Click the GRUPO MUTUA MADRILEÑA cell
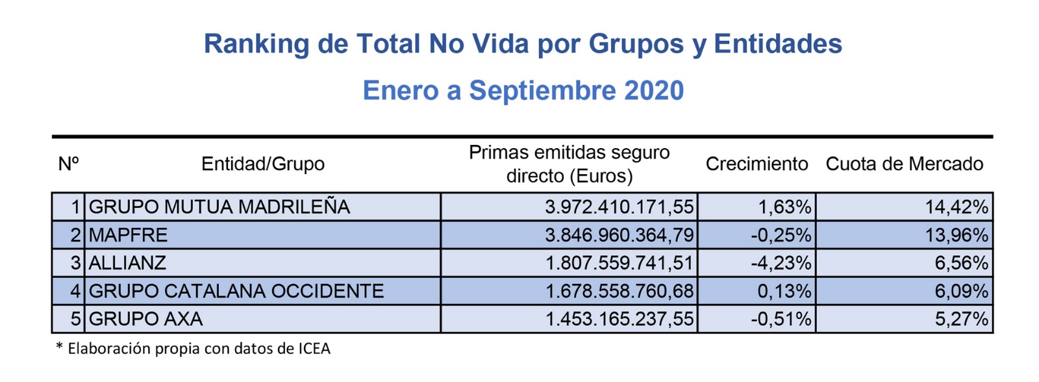[x=219, y=207]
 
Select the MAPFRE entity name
[x=128, y=235]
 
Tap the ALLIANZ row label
[x=127, y=263]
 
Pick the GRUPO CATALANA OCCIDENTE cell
[x=236, y=291]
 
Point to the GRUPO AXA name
[x=145, y=319]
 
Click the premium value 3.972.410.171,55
[x=619, y=207]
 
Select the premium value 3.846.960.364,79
[x=619, y=235]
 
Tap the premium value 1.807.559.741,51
[x=619, y=263]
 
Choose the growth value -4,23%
[x=781, y=263]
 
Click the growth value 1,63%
[x=784, y=207]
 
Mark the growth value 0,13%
[x=784, y=291]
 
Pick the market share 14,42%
[x=956, y=207]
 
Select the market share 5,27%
[x=961, y=319]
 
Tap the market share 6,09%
[x=961, y=291]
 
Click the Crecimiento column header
[x=757, y=164]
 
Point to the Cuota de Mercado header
[x=904, y=164]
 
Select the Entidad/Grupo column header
[x=262, y=164]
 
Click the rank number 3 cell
[x=75, y=263]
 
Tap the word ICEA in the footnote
[x=314, y=349]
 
